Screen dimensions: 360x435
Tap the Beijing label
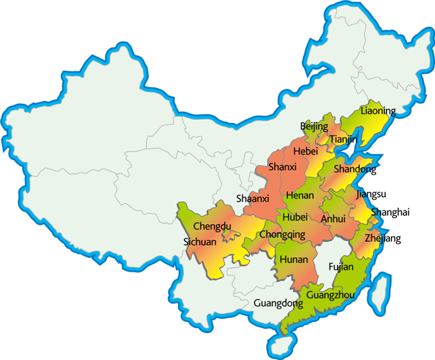tap(314, 126)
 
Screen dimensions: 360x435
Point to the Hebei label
tap(305, 151)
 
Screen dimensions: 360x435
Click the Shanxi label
tap(283, 167)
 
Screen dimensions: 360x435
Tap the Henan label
tap(300, 195)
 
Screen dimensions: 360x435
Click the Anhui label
tap(333, 219)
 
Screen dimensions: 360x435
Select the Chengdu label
tap(212, 226)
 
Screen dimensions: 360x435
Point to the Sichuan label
tap(200, 242)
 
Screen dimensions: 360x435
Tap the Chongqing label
tap(282, 234)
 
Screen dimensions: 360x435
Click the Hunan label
tap(294, 260)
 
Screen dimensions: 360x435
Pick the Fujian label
tap(341, 266)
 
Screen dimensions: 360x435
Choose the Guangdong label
tap(278, 303)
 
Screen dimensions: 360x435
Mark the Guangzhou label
tap(331, 295)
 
